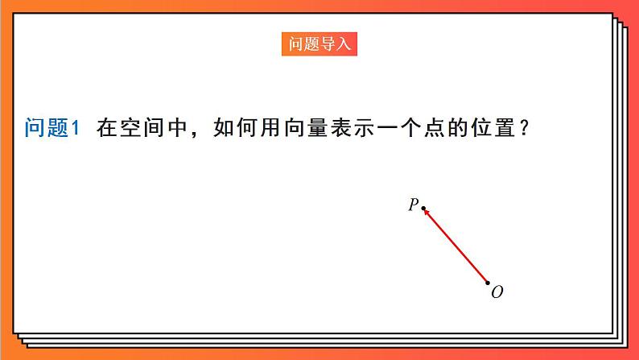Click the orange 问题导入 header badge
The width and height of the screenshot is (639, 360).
319,43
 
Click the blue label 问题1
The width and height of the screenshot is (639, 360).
53,128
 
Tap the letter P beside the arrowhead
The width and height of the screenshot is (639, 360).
413,205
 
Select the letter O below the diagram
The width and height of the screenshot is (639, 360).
497,292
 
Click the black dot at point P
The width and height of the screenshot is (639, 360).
424,207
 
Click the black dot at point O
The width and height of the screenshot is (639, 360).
488,283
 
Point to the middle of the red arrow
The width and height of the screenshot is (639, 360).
456,246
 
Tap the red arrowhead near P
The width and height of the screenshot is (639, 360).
428,213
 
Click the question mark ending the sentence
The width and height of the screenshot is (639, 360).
524,128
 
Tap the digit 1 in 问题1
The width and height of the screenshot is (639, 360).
76,128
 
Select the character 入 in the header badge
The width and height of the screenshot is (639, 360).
344,43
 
